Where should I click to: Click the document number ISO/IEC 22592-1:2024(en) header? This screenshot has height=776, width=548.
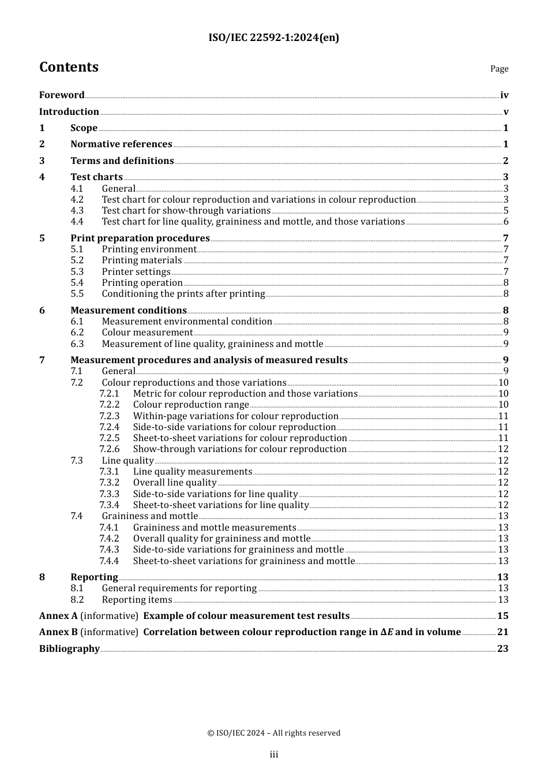coord(273,38)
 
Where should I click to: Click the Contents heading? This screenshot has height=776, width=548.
coord(69,67)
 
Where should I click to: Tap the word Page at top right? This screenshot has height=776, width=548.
coord(499,69)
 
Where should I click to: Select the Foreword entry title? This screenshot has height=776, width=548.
coord(62,95)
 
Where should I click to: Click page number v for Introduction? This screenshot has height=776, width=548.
coord(506,112)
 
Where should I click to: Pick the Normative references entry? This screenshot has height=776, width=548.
coord(121,144)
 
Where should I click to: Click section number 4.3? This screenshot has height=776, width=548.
coord(77,211)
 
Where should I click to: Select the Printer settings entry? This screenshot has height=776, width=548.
coord(136,272)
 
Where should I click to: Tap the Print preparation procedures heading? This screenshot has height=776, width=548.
coord(140,238)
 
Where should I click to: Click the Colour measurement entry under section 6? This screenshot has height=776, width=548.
coord(147,333)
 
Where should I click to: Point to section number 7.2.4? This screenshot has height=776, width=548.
coord(109,427)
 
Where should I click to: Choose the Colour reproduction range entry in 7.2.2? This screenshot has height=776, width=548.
coord(191,405)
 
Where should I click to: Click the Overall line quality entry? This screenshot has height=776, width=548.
coord(175,483)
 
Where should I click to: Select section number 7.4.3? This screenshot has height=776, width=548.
coord(109,550)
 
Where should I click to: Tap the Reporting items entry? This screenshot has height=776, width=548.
coord(137,600)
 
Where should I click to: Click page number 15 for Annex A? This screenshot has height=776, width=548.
coord(502,616)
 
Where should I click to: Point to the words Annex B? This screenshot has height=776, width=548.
coord(58,632)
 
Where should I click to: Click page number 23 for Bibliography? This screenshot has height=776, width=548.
coord(502,649)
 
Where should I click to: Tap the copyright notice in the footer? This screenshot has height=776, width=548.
coord(274,733)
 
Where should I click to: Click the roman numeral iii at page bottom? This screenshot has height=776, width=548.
coord(274,755)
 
